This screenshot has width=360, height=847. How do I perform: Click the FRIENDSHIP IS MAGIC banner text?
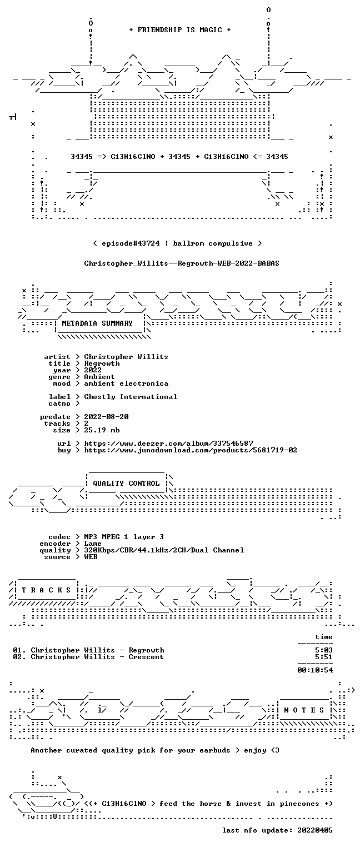click(179, 30)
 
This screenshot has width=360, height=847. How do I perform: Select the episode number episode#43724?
click(131, 243)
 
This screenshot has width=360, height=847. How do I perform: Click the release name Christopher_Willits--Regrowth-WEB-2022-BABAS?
click(182, 263)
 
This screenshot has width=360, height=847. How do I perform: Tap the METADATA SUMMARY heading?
click(97, 323)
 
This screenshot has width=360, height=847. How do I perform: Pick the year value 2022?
click(93, 370)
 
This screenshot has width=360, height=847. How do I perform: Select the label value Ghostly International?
click(131, 397)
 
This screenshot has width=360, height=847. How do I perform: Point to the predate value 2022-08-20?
click(106, 417)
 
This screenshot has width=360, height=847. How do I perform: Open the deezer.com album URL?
click(168, 444)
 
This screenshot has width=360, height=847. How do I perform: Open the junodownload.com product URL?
click(190, 450)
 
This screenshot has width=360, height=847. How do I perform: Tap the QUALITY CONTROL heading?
click(126, 484)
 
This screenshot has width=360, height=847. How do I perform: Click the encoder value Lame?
click(93, 544)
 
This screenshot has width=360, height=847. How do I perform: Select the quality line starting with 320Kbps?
click(164, 550)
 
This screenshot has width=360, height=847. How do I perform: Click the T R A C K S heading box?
click(46, 590)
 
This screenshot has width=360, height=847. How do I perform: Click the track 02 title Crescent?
click(146, 657)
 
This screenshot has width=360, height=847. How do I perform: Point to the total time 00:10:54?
click(315, 670)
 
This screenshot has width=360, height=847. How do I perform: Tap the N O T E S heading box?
click(304, 710)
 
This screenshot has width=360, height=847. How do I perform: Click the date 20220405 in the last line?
click(315, 830)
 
